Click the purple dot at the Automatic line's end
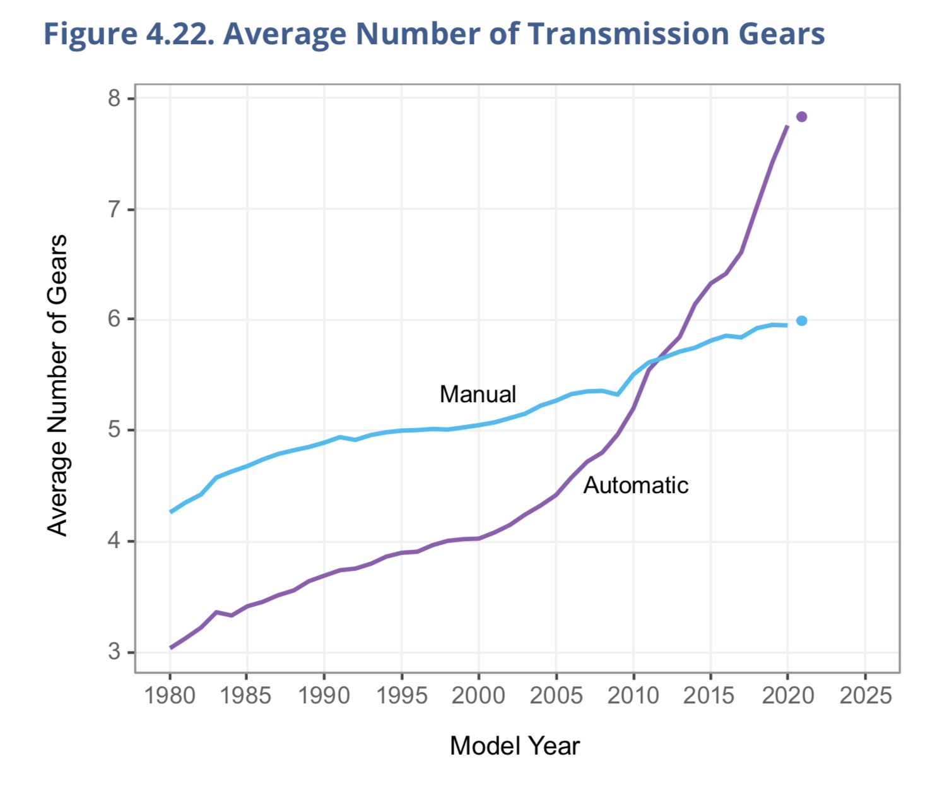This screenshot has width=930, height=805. [801, 117]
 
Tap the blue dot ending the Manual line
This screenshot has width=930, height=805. [801, 321]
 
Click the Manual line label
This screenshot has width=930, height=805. [478, 395]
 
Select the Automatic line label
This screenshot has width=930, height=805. [635, 486]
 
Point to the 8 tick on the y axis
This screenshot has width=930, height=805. [114, 98]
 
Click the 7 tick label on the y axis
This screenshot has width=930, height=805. [114, 209]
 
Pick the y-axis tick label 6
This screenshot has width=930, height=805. [114, 319]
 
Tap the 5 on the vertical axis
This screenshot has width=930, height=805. [114, 431]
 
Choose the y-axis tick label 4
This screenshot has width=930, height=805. [114, 541]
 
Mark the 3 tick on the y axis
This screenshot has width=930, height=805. [114, 652]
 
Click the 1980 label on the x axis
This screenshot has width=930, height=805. [170, 696]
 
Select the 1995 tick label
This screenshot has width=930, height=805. [402, 696]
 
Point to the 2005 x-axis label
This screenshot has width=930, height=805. [556, 696]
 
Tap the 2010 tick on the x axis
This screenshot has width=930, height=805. [633, 696]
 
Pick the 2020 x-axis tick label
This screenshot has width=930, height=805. [788, 696]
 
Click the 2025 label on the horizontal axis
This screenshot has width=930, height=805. [866, 696]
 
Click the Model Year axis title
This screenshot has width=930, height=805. [515, 746]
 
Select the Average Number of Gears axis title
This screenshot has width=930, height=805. [58, 385]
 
